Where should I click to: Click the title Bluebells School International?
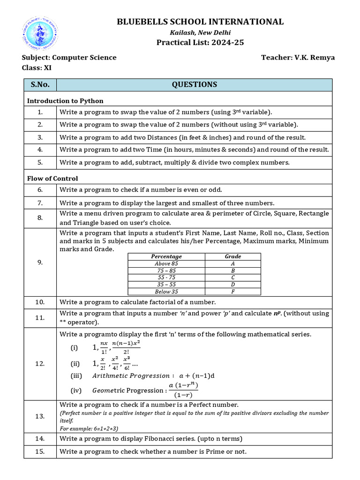click(x=200, y=22)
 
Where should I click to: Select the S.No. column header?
click(x=40, y=84)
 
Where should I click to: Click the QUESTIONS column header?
click(x=194, y=84)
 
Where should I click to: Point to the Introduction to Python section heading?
click(x=65, y=101)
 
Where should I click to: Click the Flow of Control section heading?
click(x=52, y=178)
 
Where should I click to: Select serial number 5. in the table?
click(x=40, y=162)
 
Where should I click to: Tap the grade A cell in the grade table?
click(x=233, y=263)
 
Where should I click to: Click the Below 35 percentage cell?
click(x=166, y=292)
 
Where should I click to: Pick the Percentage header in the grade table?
click(x=166, y=256)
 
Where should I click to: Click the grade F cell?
click(x=233, y=292)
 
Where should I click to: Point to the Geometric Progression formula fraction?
click(x=183, y=390)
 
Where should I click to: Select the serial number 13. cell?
click(x=40, y=416)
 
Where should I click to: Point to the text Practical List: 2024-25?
click(x=200, y=43)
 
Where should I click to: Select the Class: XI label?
click(x=37, y=67)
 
